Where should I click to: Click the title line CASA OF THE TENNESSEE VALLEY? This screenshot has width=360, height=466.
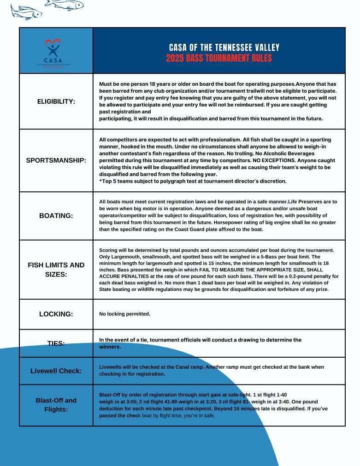[224, 47]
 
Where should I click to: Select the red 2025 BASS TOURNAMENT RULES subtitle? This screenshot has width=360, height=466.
[219, 59]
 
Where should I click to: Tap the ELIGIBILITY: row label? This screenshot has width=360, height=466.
[56, 101]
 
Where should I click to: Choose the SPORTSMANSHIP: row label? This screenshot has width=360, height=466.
[56, 160]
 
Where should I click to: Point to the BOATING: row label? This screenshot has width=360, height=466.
[56, 215]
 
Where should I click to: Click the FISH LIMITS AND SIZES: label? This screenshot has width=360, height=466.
[56, 269]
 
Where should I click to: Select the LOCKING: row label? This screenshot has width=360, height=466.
[56, 314]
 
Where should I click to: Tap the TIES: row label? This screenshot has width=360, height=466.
[56, 343]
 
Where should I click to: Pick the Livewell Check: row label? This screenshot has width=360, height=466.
[56, 371]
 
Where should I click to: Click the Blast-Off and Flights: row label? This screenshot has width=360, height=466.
[56, 405]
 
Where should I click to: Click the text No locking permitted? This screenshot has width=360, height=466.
[124, 314]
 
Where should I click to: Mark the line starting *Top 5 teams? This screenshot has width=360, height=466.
[193, 181]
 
